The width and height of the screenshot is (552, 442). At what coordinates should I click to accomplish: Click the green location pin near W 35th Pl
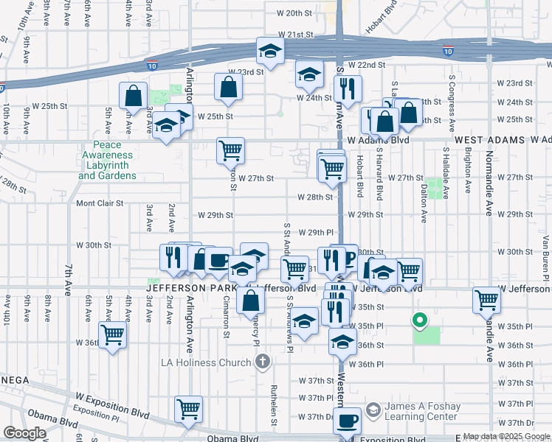(419, 320)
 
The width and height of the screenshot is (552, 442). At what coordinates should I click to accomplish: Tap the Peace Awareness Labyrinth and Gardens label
(107, 161)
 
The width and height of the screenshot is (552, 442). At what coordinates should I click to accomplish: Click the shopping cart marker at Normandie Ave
(486, 300)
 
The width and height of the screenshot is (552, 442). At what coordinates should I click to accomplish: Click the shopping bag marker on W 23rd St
(229, 86)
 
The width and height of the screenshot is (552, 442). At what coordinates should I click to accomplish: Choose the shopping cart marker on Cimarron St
(231, 150)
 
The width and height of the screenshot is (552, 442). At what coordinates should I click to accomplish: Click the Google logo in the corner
(24, 433)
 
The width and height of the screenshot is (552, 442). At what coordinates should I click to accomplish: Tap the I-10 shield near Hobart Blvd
(448, 51)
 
